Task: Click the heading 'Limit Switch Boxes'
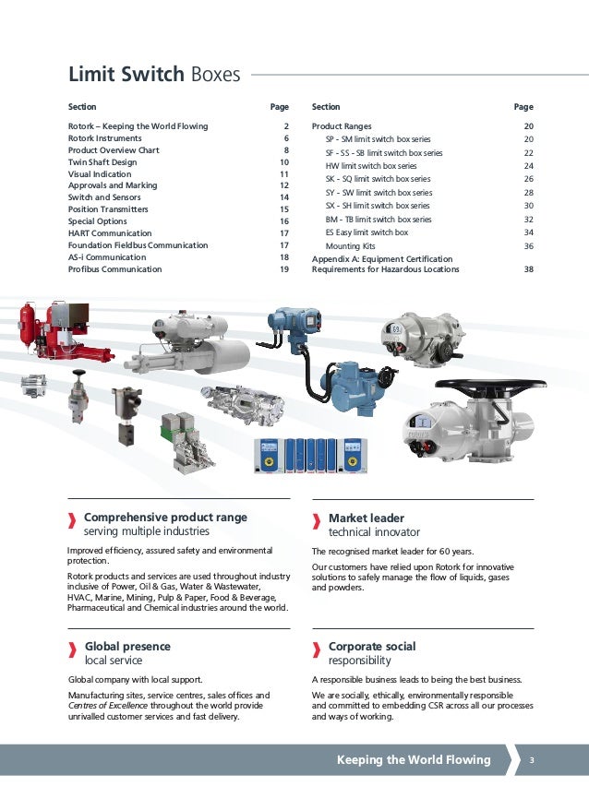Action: click(154, 75)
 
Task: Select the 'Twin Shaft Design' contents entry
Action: click(102, 162)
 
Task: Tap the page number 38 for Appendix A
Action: click(528, 270)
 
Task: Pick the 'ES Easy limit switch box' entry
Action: click(367, 233)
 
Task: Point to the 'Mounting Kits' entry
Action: click(351, 246)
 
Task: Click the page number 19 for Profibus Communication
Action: click(284, 269)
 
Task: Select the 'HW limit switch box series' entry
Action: click(371, 166)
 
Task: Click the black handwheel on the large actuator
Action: click(484, 386)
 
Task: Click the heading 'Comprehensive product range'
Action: click(165, 518)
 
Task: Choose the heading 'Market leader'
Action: click(367, 518)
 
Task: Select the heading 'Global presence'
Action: click(127, 647)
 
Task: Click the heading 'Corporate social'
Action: click(372, 647)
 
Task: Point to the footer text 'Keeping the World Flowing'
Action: click(414, 760)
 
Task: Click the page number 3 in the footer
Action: click(533, 760)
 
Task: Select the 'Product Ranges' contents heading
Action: click(342, 126)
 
